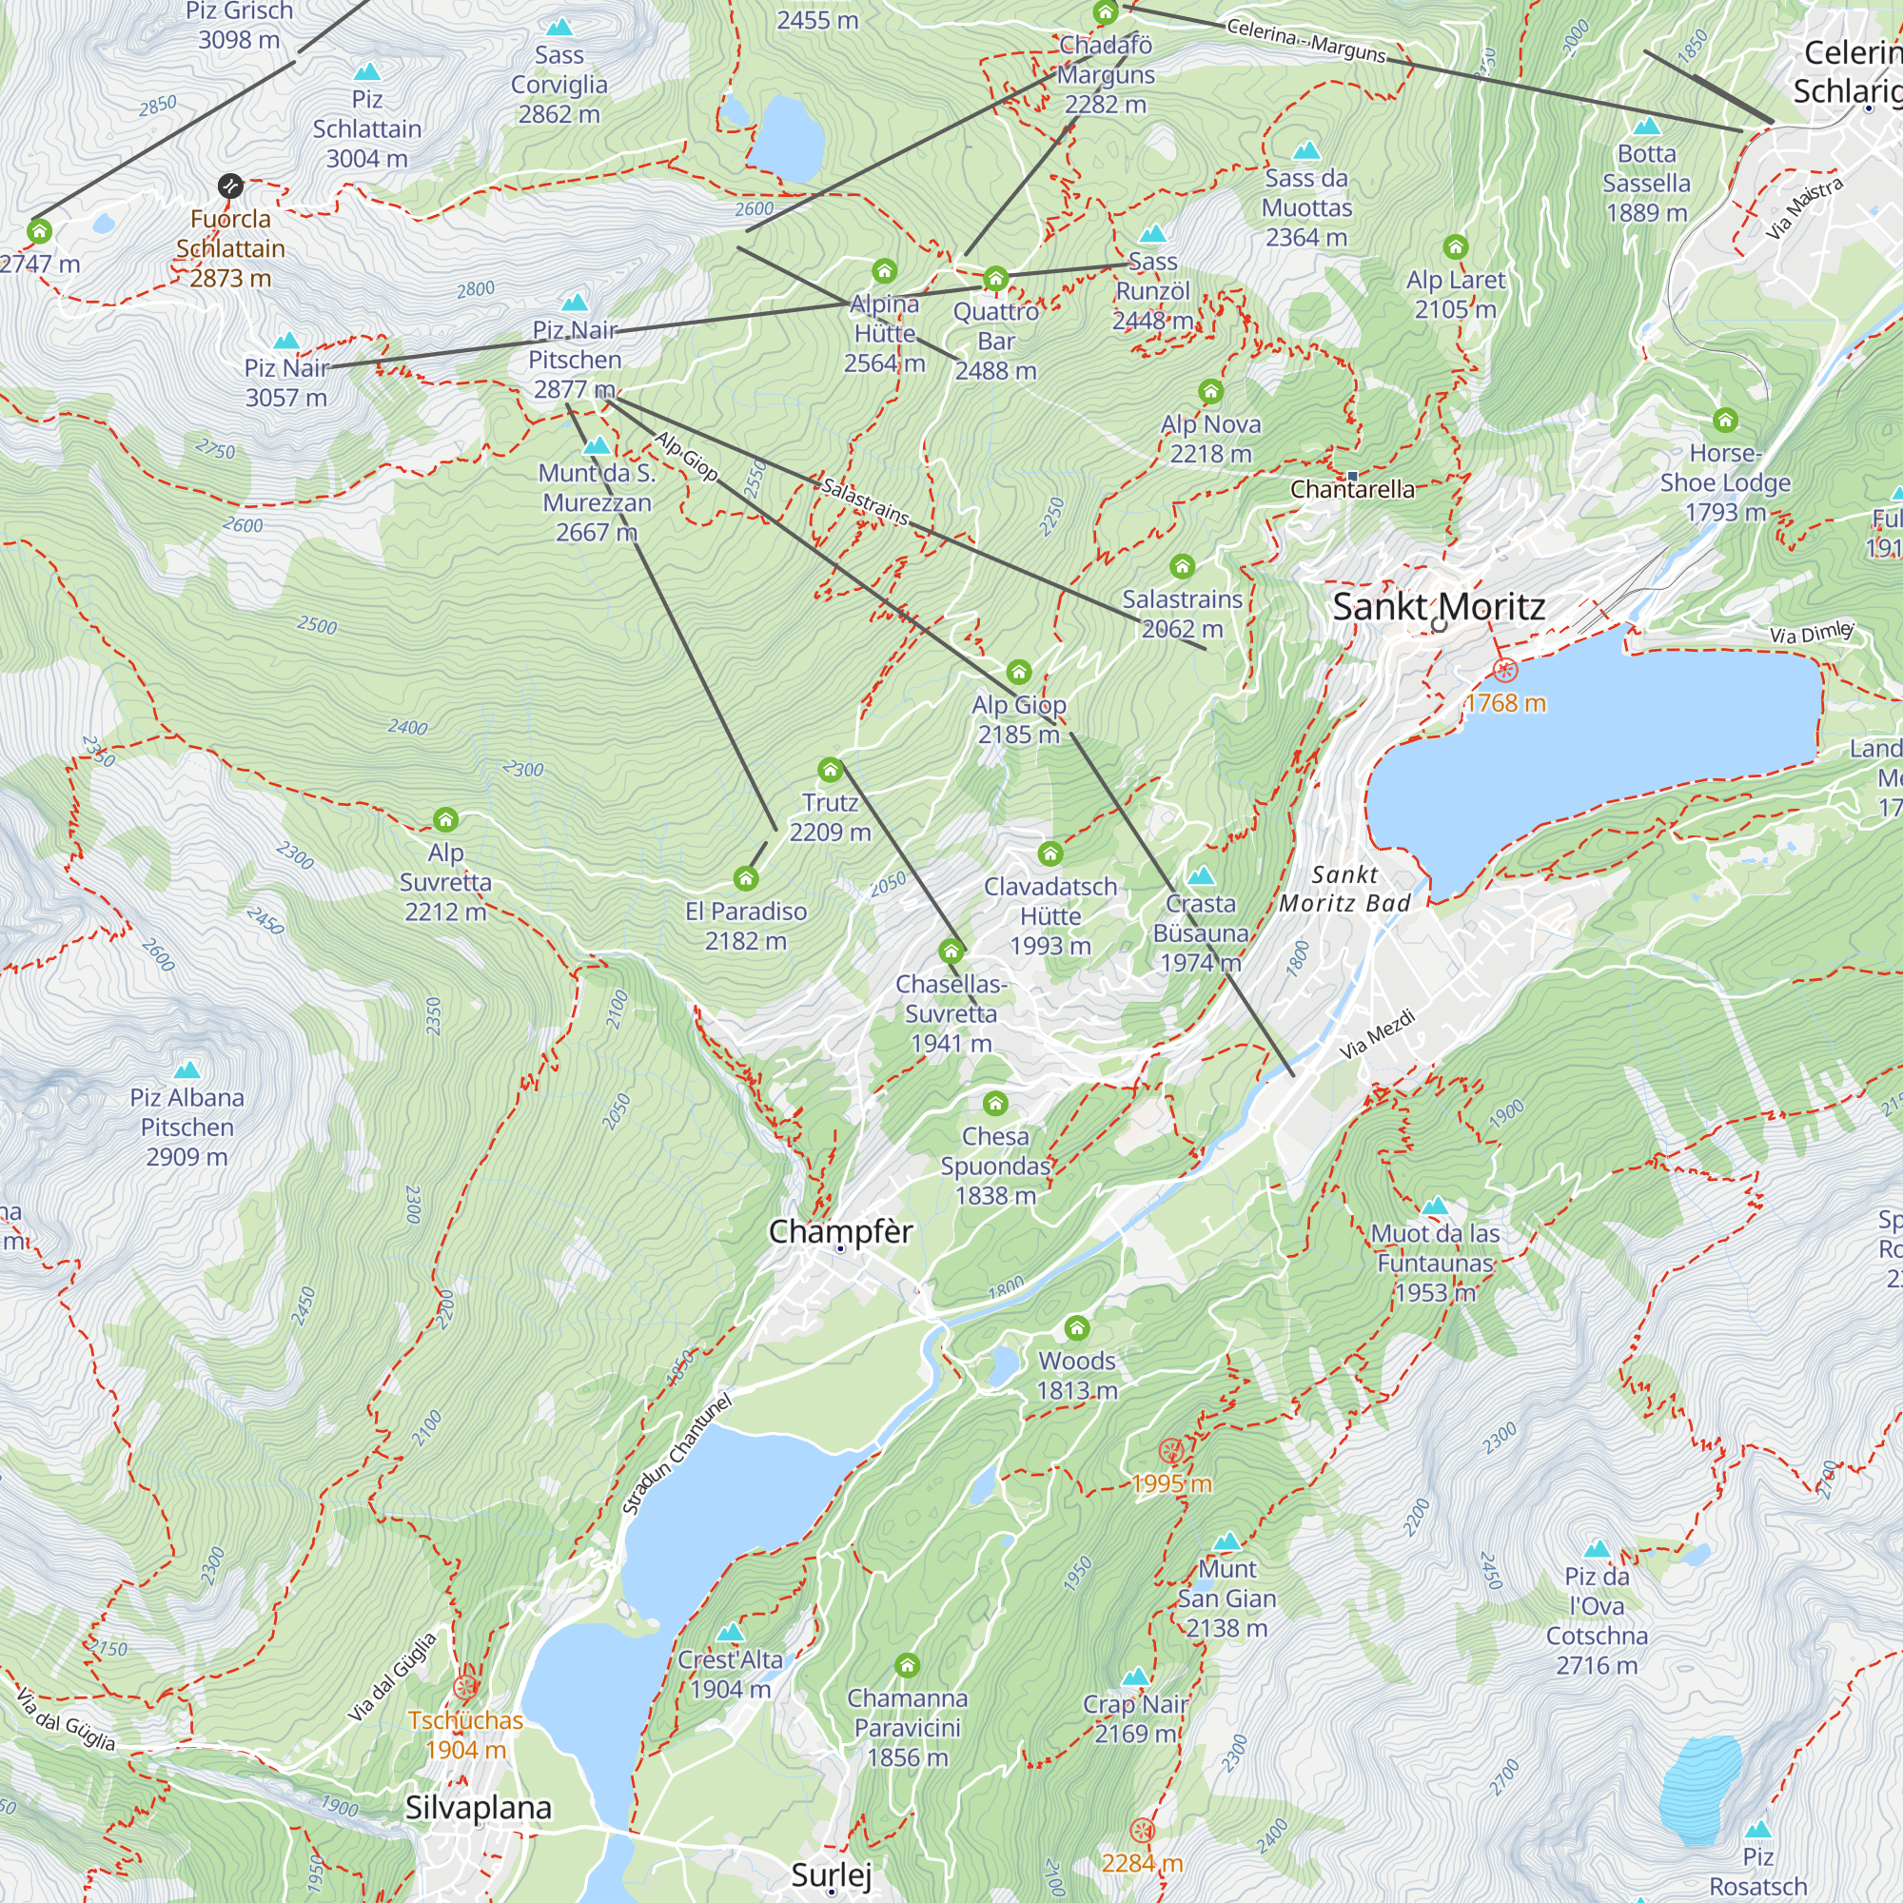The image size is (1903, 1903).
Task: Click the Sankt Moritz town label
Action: (1438, 607)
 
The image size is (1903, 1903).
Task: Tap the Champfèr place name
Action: (840, 1231)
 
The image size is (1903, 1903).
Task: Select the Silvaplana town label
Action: (479, 1808)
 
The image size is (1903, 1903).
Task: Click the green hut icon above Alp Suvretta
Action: (445, 819)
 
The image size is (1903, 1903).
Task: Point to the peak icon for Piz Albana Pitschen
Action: (186, 1069)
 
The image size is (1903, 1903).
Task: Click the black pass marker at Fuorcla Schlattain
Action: (229, 186)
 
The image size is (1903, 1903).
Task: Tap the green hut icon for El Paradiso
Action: (746, 878)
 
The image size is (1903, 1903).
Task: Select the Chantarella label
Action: (1351, 489)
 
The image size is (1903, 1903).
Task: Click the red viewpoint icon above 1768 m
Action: (1504, 671)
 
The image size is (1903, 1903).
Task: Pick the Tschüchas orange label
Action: (465, 1720)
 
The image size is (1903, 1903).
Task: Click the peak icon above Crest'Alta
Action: (730, 1633)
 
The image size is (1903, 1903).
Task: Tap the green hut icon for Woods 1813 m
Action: (1076, 1328)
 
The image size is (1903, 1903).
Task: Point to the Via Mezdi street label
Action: (1376, 1034)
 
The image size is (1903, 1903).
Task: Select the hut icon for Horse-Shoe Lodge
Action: (1725, 421)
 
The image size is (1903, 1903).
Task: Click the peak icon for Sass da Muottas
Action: (1306, 150)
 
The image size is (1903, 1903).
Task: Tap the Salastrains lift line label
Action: (865, 501)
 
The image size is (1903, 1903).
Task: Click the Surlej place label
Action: (832, 1874)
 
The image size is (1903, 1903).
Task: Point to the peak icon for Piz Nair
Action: (285, 341)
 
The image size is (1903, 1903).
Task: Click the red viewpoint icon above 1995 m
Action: (1170, 1451)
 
